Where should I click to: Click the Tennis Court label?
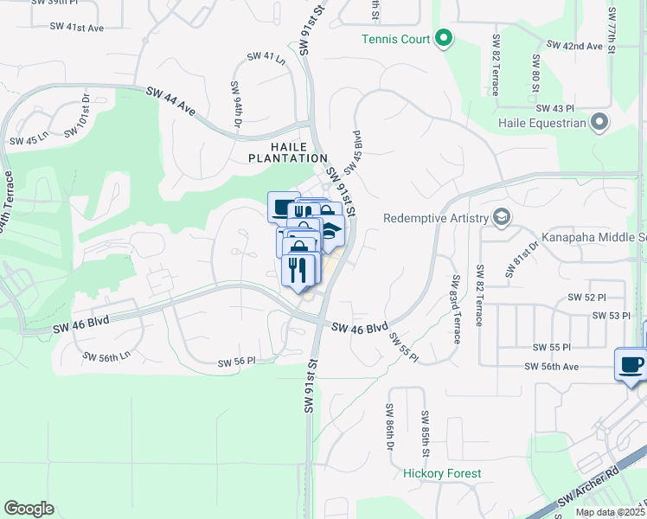[x=396, y=39]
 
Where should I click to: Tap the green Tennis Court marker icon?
[x=444, y=38]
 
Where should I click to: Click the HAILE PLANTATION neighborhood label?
[x=287, y=152]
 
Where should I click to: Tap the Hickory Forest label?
[x=442, y=473]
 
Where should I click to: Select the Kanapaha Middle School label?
[x=593, y=237]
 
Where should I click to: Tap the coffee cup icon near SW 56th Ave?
[x=630, y=363]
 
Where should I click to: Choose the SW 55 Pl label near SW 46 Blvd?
[x=403, y=347]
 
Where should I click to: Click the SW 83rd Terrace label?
[x=455, y=309]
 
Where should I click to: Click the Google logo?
[x=29, y=508]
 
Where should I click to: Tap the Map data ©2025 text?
[x=608, y=512]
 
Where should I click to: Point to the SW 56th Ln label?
[x=106, y=356]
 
